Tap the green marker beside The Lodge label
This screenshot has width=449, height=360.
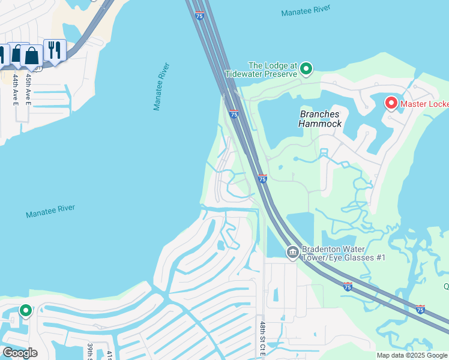point(306,68)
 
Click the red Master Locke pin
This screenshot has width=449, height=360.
point(391,104)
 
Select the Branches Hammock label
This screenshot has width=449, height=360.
point(320,119)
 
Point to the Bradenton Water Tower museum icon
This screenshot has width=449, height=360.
point(293,252)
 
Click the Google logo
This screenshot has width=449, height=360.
point(20,353)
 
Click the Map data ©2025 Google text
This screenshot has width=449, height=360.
point(411,355)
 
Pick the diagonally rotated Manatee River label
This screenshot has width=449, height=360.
point(161,86)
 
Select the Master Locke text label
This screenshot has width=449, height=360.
point(425,104)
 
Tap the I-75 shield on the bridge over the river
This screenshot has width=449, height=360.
point(199,16)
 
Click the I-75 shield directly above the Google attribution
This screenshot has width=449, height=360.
point(420,309)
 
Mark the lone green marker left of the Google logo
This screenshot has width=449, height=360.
point(25,311)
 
